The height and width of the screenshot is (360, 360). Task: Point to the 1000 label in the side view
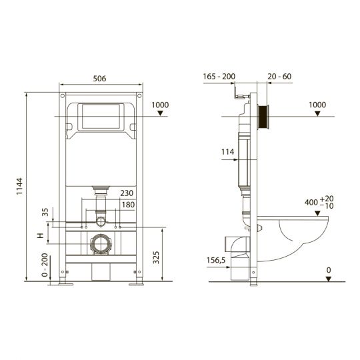[319, 104]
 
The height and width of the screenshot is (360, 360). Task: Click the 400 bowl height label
[313, 203]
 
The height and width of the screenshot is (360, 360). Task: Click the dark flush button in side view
[265, 118]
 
